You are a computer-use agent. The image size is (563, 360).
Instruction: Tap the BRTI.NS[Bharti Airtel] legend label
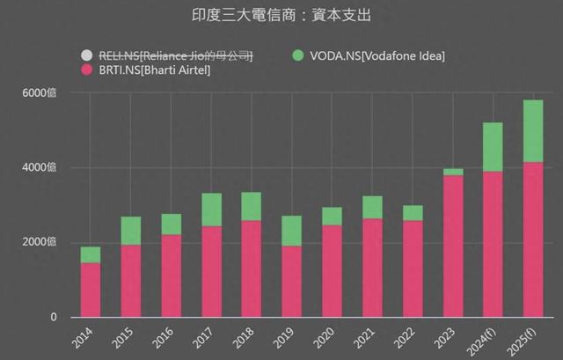pyautogui.click(x=158, y=70)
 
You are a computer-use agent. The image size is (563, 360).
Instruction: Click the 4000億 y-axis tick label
pyautogui.click(x=40, y=168)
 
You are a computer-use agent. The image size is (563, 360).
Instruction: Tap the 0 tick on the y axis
pyautogui.click(x=54, y=318)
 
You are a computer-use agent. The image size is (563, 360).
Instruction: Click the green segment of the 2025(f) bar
pyautogui.click(x=533, y=131)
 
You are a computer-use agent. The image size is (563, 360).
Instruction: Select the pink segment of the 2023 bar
pyautogui.click(x=453, y=246)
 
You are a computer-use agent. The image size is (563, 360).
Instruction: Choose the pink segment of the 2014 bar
pyautogui.click(x=91, y=290)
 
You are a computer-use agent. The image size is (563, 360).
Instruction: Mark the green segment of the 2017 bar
pyautogui.click(x=211, y=209)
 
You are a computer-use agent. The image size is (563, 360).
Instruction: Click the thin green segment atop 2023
pyautogui.click(x=453, y=172)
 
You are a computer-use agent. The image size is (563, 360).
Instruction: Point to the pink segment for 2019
pyautogui.click(x=292, y=281)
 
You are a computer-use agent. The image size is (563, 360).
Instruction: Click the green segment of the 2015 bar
pyautogui.click(x=131, y=231)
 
